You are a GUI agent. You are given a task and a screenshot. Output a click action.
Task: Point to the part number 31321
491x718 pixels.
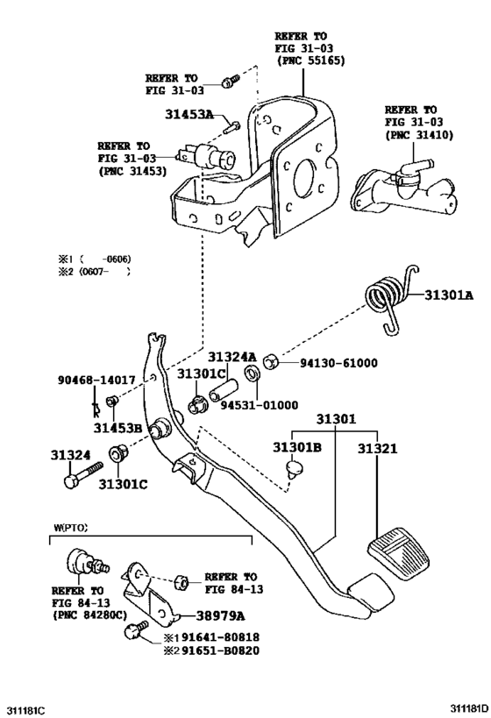[377, 448]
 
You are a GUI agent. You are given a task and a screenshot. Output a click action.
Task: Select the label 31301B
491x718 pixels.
[297, 448]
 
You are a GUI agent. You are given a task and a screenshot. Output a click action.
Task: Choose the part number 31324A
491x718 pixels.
[232, 358]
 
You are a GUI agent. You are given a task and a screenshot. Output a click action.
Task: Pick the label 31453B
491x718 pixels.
[118, 428]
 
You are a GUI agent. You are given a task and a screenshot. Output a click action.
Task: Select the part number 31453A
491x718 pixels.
[189, 114]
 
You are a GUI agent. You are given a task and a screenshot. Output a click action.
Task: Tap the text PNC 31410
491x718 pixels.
[416, 135]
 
